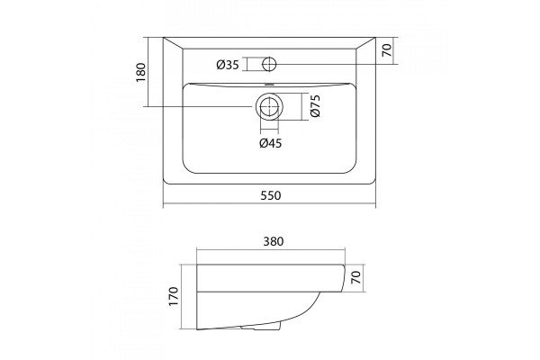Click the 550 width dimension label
(271, 195)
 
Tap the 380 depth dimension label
(274, 241)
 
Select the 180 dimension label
(141, 72)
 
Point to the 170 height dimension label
(174, 296)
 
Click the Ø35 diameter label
(228, 65)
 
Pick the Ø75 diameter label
(315, 106)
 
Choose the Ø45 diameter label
(270, 143)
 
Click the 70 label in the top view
(387, 50)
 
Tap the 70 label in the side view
(355, 277)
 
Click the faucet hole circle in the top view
(269, 64)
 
